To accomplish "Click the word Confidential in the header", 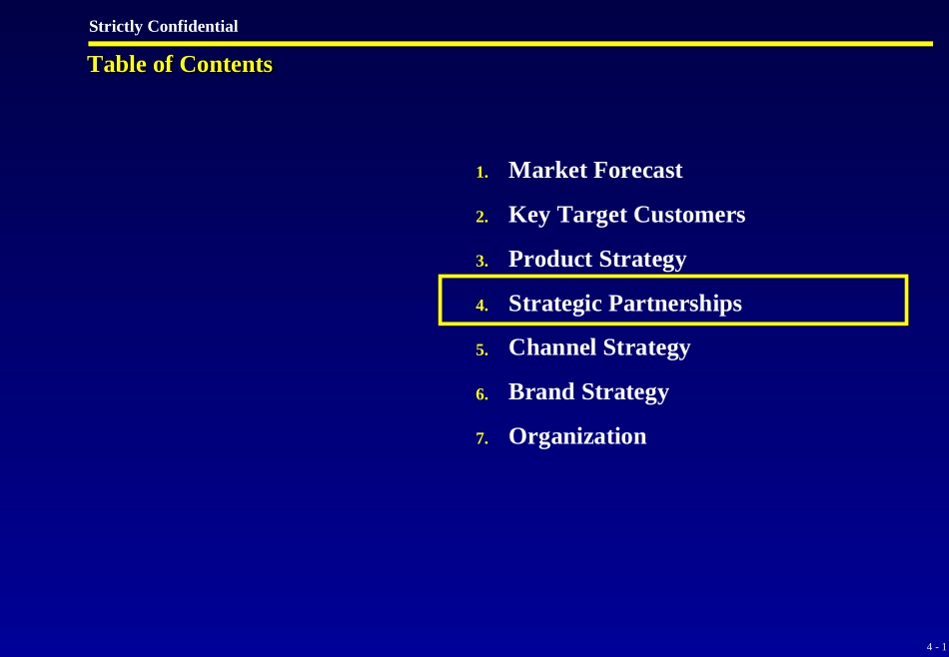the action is click(x=193, y=27).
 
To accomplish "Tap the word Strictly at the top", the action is click(x=116, y=27).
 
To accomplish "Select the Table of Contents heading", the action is click(x=181, y=64).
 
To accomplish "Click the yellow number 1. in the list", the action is click(x=481, y=173).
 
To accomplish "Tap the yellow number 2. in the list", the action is click(x=481, y=218).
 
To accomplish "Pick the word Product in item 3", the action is click(x=550, y=259).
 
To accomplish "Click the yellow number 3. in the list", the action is click(x=481, y=262).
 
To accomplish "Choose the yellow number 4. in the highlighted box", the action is click(x=481, y=306).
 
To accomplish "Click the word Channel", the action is click(x=552, y=347).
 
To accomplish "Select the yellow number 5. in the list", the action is click(x=481, y=350).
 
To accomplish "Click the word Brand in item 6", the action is click(x=541, y=392).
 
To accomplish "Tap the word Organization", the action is click(x=577, y=436).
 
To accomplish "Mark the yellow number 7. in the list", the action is click(x=481, y=438).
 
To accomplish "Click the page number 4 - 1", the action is click(x=936, y=647).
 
